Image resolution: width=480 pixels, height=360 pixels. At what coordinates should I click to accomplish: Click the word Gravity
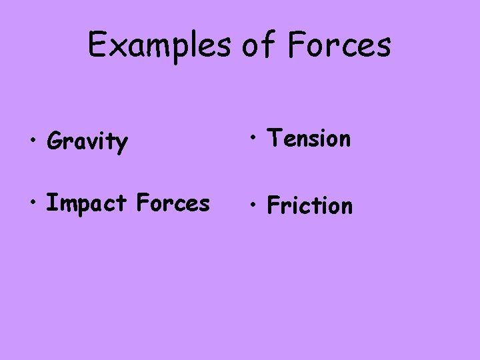click(87, 141)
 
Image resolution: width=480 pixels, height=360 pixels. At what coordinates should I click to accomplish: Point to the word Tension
click(308, 139)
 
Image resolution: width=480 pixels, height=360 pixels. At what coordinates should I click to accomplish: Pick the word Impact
click(85, 204)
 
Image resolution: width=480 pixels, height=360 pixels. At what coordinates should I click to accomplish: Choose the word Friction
click(309, 205)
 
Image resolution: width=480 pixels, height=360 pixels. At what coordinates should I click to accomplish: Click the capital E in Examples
click(97, 45)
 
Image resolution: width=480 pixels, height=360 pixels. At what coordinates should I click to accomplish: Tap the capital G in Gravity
click(55, 141)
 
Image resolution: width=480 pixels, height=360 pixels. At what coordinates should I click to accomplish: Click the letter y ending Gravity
click(121, 145)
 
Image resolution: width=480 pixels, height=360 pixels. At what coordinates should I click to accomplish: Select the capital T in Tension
click(273, 138)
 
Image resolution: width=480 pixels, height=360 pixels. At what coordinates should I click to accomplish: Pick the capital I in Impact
click(50, 203)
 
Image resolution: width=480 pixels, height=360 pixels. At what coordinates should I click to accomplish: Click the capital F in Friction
click(273, 205)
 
